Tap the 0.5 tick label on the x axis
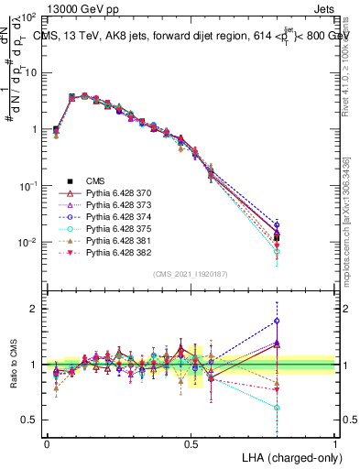tap(191, 442)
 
